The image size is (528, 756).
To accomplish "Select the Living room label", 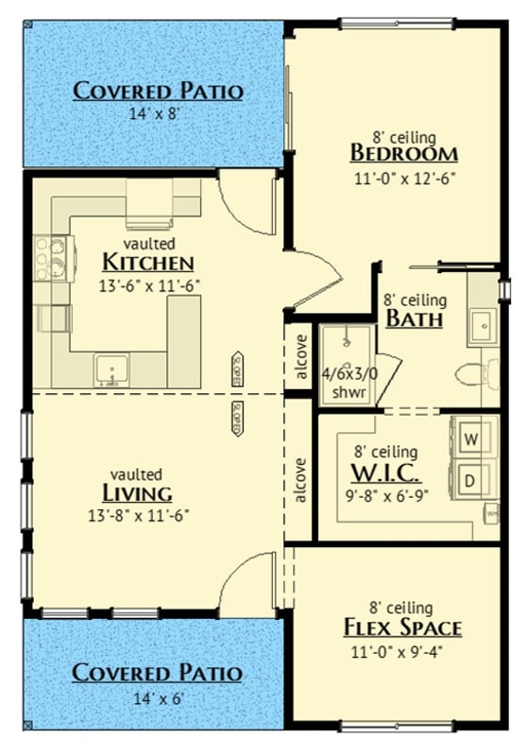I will (x=137, y=493).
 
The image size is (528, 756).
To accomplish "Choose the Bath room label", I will (x=414, y=318).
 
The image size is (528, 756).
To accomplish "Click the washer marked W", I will (x=472, y=438).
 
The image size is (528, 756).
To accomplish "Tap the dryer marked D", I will (x=472, y=481).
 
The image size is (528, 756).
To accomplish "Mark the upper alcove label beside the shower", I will (x=301, y=358).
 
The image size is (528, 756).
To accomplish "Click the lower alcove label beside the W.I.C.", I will (x=301, y=480).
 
